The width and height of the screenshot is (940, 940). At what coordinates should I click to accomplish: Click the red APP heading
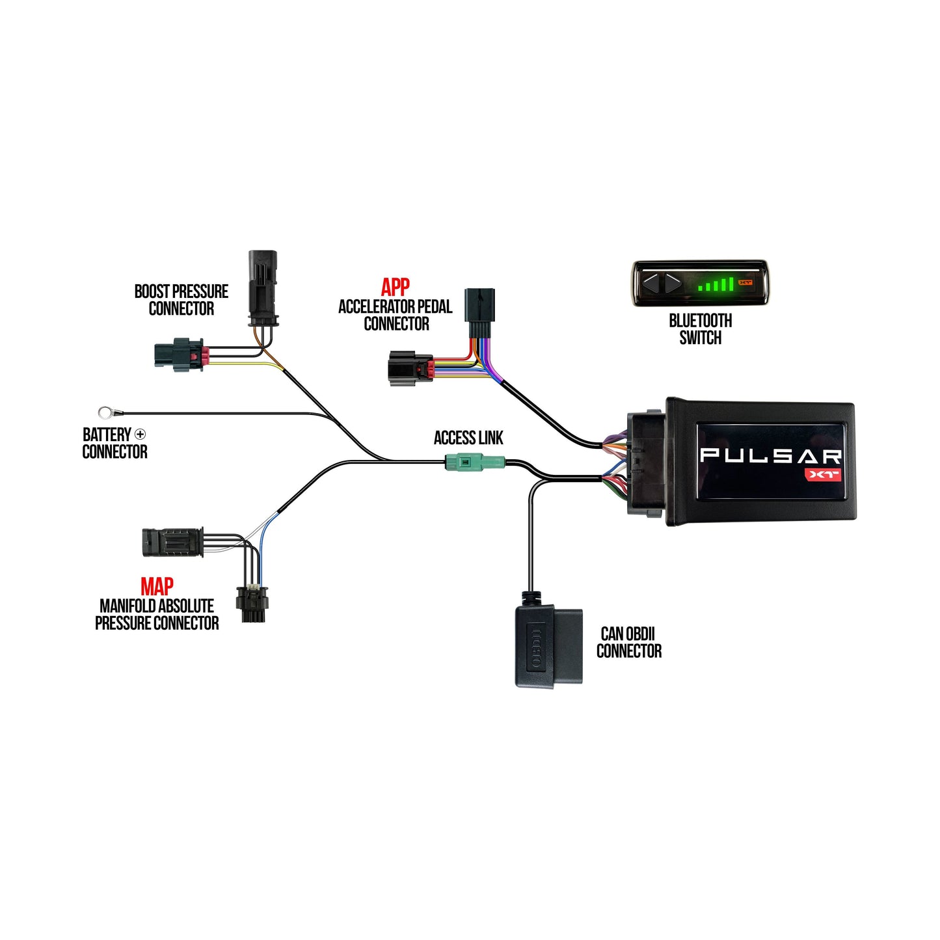(395, 287)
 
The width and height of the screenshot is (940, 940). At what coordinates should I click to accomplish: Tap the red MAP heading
(157, 586)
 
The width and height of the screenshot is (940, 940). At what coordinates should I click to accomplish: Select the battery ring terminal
(105, 412)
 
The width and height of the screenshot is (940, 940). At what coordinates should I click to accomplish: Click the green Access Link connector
(475, 463)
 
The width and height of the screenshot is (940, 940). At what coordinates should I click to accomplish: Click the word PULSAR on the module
(770, 455)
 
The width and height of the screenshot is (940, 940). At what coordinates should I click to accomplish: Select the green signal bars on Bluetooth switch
(716, 284)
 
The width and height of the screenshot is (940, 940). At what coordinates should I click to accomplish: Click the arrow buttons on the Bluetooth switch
(662, 283)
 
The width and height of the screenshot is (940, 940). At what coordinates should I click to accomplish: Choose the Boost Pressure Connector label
(181, 300)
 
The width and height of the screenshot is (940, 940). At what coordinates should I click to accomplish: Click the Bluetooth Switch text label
(700, 329)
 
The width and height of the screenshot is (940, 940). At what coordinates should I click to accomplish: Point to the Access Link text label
(468, 438)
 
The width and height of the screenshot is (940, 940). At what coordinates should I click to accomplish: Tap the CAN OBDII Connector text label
(628, 642)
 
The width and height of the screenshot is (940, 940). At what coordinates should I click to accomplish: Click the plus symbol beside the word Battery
(140, 434)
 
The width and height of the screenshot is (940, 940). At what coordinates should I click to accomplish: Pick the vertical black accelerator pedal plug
(480, 313)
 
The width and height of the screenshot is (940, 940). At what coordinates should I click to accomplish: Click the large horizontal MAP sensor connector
(173, 542)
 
